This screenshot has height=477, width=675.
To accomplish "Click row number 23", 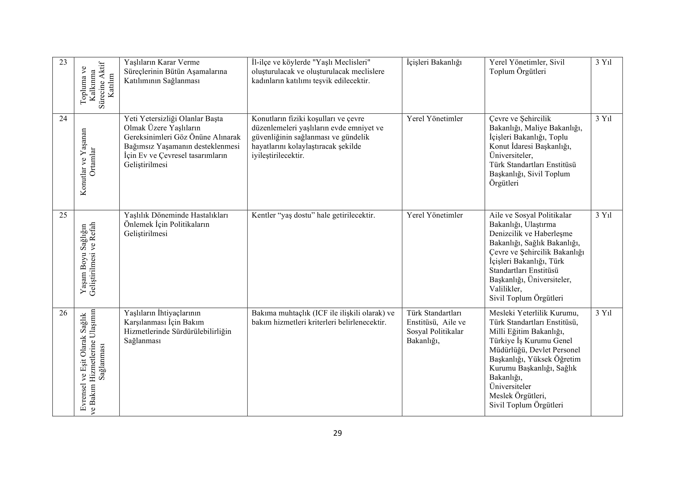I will click(x=63, y=62).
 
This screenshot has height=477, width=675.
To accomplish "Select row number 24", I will click(x=63, y=119).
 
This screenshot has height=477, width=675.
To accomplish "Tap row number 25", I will click(x=63, y=215).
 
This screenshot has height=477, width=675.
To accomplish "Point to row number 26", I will click(x=63, y=313).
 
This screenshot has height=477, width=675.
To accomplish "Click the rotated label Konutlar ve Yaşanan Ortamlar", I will click(x=88, y=162).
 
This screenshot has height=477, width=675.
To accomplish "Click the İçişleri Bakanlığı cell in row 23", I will click(x=434, y=62).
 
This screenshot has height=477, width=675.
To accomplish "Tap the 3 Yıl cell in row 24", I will click(x=603, y=119).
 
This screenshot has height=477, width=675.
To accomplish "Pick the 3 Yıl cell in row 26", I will click(x=603, y=313).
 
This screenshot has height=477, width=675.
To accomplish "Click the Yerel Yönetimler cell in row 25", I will click(x=435, y=215).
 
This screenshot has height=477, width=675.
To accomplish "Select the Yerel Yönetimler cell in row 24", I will click(x=435, y=119).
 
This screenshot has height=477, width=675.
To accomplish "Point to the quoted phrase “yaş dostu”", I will click(x=296, y=215).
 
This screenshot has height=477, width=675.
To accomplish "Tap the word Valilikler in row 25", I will click(x=505, y=289).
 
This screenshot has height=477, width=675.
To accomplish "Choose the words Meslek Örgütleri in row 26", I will click(x=517, y=396).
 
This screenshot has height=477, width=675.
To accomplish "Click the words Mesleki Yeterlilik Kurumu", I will click(x=534, y=313).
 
